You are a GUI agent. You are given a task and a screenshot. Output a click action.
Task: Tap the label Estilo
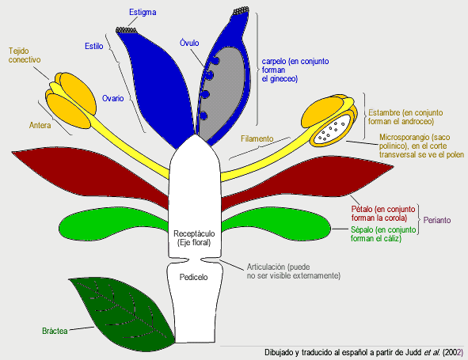[94, 46]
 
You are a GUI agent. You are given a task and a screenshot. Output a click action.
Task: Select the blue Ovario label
[112, 99]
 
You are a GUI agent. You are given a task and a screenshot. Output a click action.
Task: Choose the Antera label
[40, 124]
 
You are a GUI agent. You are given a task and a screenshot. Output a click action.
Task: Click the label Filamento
[257, 138]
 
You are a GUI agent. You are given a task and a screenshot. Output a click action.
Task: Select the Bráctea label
[48, 331]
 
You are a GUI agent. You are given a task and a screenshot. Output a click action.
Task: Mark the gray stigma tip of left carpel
[127, 30]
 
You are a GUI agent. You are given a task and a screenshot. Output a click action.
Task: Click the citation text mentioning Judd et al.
[363, 352]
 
